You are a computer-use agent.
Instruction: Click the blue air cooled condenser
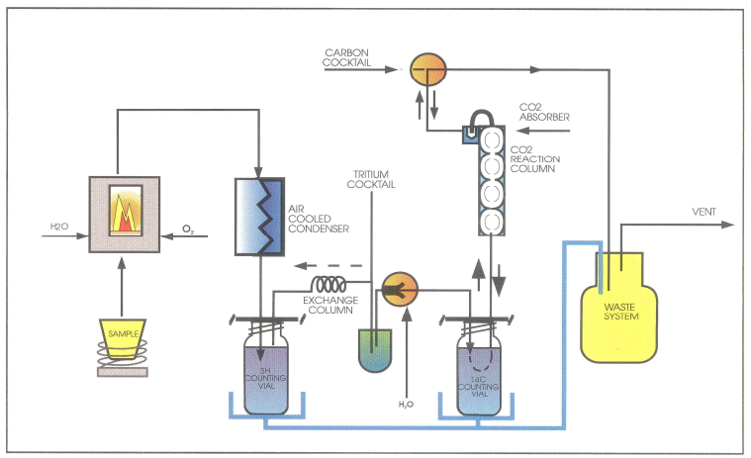click(259, 214)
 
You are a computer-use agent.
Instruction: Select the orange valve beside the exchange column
click(399, 288)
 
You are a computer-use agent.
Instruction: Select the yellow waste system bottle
click(623, 307)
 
